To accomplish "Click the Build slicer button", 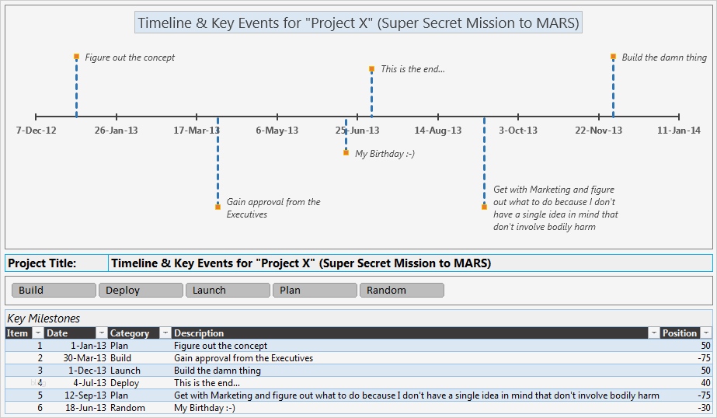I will (x=53, y=291).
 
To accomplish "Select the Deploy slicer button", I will (x=140, y=291).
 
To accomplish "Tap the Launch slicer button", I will (x=227, y=291).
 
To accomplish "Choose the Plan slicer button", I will (x=314, y=291).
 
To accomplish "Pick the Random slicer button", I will (x=401, y=291).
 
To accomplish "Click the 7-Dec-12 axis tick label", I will (x=37, y=131).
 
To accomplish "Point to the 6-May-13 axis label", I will (x=277, y=131).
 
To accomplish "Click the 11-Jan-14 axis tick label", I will (x=679, y=131).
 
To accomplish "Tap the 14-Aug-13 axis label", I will (x=438, y=131).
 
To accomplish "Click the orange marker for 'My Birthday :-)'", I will (x=346, y=153).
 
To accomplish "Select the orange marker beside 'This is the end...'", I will (x=372, y=69).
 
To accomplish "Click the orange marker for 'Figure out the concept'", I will (x=76, y=57).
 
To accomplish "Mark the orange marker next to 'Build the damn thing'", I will (x=613, y=57).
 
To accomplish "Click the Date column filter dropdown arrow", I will (x=100, y=333).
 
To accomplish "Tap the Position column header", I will (x=680, y=333).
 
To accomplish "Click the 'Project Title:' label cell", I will (x=56, y=263).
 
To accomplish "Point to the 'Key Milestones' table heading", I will (x=44, y=319).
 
